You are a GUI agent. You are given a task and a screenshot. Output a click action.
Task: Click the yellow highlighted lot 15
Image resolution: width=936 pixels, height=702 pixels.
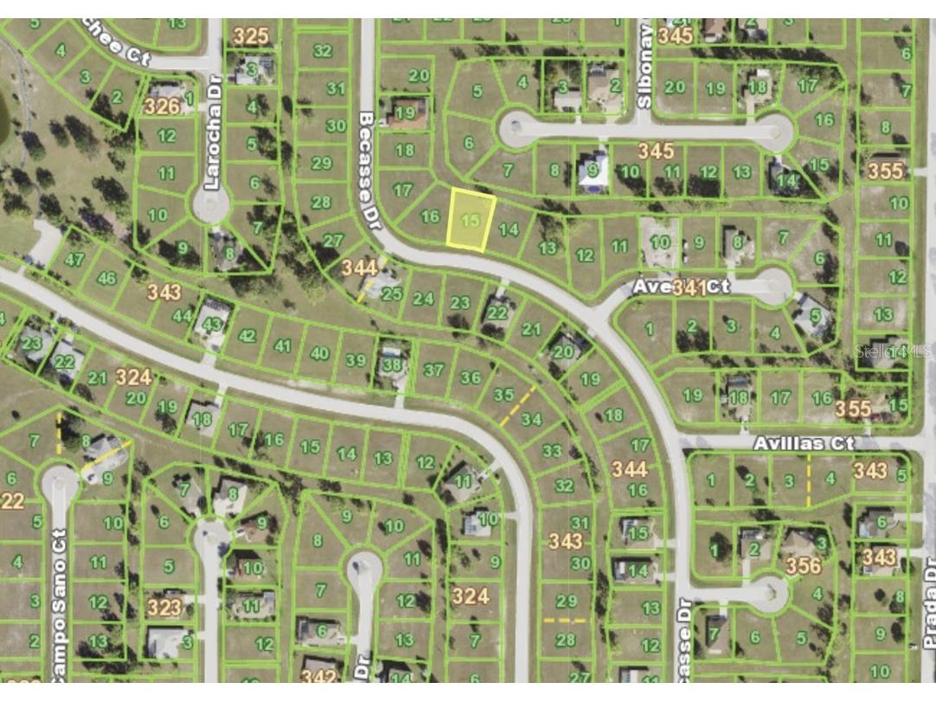click(x=471, y=222)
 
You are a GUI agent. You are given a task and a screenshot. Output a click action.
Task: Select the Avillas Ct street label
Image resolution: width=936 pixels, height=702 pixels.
click(x=804, y=443)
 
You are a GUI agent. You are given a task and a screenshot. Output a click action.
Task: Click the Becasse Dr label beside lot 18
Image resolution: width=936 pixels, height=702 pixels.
click(x=369, y=164)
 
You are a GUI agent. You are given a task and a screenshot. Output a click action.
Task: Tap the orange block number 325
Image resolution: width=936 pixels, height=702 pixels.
click(x=251, y=36)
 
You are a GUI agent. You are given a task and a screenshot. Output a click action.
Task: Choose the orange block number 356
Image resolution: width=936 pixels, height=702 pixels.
click(x=802, y=566)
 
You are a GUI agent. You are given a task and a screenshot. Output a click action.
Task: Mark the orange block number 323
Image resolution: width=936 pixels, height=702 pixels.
click(x=163, y=607)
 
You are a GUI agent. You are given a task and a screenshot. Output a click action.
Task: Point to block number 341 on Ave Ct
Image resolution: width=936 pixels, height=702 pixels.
click(x=689, y=287)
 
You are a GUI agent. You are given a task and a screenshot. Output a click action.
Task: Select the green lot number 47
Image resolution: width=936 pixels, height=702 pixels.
click(x=75, y=259)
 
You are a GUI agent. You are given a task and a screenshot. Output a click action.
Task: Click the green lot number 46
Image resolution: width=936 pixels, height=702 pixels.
click(x=107, y=278)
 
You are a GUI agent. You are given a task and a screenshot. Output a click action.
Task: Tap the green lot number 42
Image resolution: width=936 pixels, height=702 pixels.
click(x=247, y=336)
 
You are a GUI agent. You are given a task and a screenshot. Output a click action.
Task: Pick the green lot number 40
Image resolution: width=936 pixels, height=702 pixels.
click(x=319, y=353)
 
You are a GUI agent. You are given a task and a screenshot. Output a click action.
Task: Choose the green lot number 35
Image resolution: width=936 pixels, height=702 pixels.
click(x=503, y=395)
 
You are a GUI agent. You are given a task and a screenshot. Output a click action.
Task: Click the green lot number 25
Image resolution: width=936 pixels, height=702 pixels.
click(x=392, y=293)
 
